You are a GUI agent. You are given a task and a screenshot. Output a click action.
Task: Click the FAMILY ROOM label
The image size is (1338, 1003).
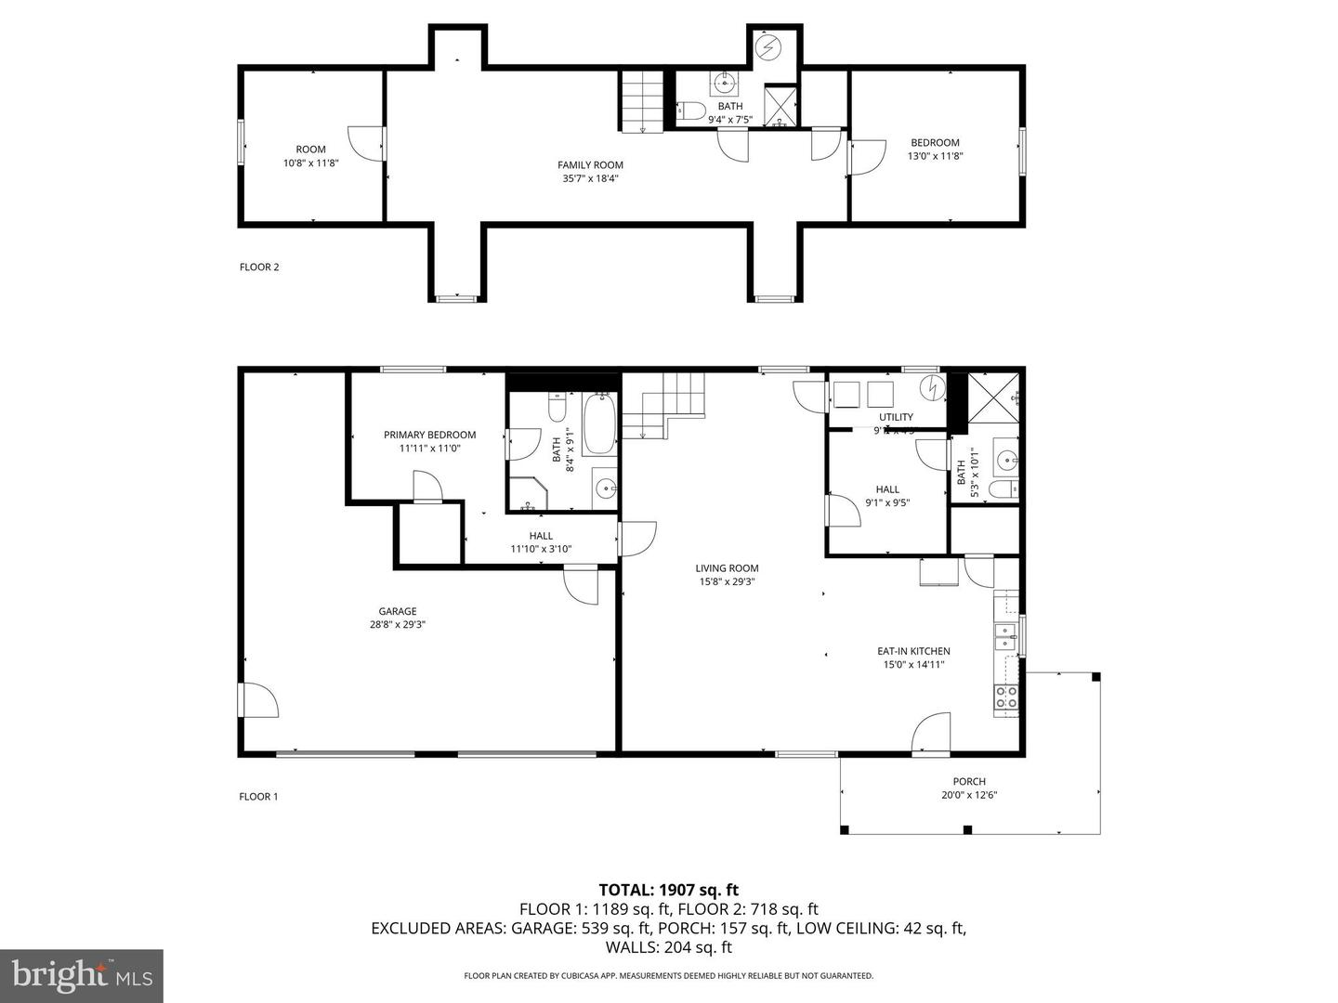590,165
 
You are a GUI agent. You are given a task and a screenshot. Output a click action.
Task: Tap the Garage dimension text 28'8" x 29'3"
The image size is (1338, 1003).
397,625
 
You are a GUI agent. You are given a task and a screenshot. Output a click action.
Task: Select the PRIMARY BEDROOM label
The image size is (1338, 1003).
429,435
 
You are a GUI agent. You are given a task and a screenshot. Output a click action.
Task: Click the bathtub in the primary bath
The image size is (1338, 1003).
599,423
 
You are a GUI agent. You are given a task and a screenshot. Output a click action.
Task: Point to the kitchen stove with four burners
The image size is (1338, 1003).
1005,697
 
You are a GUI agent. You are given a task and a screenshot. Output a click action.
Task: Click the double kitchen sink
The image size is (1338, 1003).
1005,637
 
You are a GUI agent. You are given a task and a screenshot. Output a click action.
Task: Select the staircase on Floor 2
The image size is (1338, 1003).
641,101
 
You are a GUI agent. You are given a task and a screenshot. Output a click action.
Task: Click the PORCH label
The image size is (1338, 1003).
969,781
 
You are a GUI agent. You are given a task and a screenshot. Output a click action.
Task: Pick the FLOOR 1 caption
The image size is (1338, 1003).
258,797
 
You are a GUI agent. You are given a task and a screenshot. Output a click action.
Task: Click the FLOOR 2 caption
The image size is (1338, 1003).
259,267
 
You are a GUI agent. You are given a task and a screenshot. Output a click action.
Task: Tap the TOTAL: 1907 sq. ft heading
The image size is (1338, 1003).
668,890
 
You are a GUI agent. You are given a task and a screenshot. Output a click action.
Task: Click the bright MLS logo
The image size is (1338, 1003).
82,975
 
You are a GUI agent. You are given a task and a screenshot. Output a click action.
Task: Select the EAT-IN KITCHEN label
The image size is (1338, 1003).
913,651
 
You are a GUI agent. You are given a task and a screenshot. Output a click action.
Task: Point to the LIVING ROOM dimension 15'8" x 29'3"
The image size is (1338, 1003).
728,582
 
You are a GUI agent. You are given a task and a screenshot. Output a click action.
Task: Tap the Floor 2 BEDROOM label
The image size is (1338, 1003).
935,143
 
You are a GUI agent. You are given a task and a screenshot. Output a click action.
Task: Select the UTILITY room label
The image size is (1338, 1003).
896,417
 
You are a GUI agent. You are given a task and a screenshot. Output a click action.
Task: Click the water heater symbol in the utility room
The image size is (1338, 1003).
931,388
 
